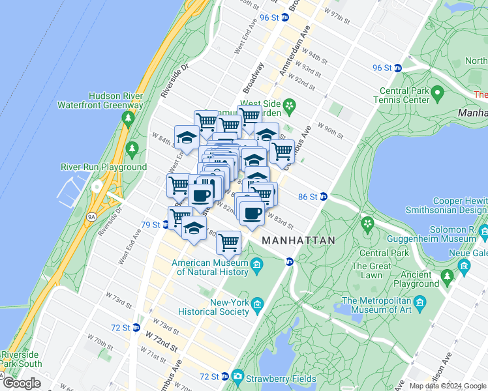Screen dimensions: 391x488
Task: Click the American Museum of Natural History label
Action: tap(209, 268)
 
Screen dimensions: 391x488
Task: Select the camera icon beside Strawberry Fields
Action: tap(237, 377)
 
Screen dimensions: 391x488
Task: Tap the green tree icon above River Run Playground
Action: tap(132, 149)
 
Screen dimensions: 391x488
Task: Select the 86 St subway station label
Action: tap(307, 196)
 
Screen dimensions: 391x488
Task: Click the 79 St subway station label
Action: tap(151, 225)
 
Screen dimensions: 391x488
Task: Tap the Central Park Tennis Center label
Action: tap(401, 96)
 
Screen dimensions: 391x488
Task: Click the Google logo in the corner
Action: tap(21, 384)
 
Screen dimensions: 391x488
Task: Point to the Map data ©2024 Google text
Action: tap(448, 386)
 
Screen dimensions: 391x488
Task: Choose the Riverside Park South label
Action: tap(22, 359)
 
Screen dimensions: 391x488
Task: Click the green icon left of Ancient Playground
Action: tap(448, 278)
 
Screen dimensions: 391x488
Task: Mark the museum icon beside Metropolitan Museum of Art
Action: tap(419, 304)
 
